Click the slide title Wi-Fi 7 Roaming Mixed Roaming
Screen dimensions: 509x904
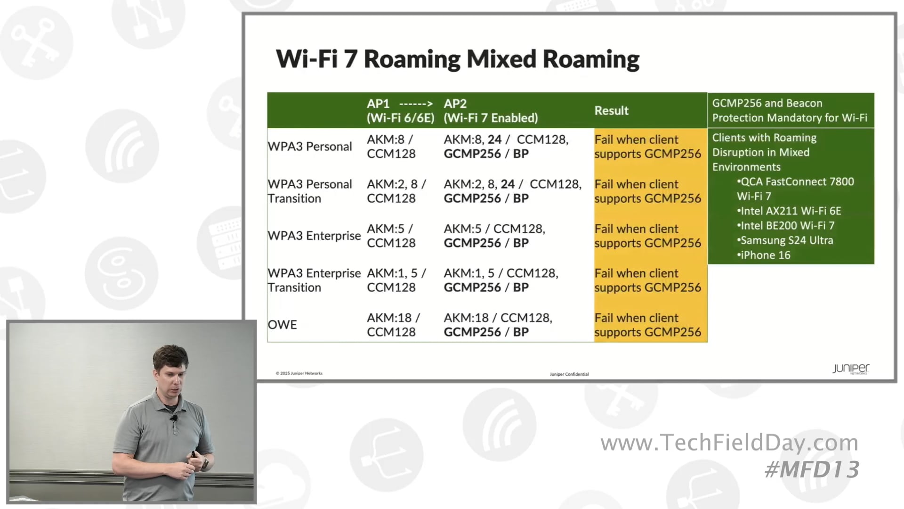point(457,59)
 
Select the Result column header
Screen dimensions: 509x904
point(611,111)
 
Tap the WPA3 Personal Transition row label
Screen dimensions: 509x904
point(309,191)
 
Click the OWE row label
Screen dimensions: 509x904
point(282,325)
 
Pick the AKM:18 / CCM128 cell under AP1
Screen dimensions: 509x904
point(393,325)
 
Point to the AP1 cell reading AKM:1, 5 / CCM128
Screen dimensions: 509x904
point(396,280)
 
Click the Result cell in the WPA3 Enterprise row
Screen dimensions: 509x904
point(647,236)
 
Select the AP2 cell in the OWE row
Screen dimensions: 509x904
point(498,325)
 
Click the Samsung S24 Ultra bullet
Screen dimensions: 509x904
point(786,240)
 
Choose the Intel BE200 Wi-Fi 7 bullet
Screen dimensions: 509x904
point(786,226)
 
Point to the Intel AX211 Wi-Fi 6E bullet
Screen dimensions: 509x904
point(790,211)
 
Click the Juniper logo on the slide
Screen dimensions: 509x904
point(850,369)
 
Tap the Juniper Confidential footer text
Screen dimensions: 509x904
point(569,374)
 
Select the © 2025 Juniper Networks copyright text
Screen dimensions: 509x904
point(299,373)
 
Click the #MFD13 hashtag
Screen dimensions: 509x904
point(812,470)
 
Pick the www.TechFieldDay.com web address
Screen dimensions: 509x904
point(729,443)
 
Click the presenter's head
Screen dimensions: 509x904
point(170,365)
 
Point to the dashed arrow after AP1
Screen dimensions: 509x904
point(416,104)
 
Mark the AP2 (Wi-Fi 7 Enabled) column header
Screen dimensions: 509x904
point(490,111)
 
